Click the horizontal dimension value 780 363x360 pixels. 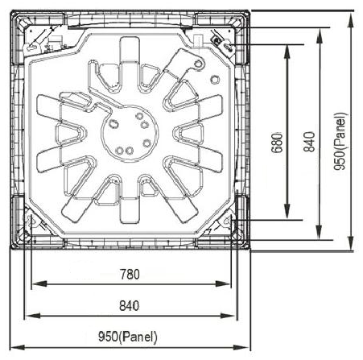tap(130, 275)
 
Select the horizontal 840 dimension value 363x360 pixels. tap(129, 306)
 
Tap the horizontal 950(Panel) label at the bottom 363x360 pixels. tap(128, 337)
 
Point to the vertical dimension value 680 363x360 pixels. tap(277, 143)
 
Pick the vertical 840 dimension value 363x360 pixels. tap(309, 142)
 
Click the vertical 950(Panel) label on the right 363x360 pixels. tap(340, 141)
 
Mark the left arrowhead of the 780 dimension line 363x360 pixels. tap(39, 283)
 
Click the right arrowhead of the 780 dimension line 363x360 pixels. tap(223, 283)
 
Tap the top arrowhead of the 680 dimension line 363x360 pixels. tap(287, 52)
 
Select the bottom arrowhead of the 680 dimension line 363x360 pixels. tap(287, 211)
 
